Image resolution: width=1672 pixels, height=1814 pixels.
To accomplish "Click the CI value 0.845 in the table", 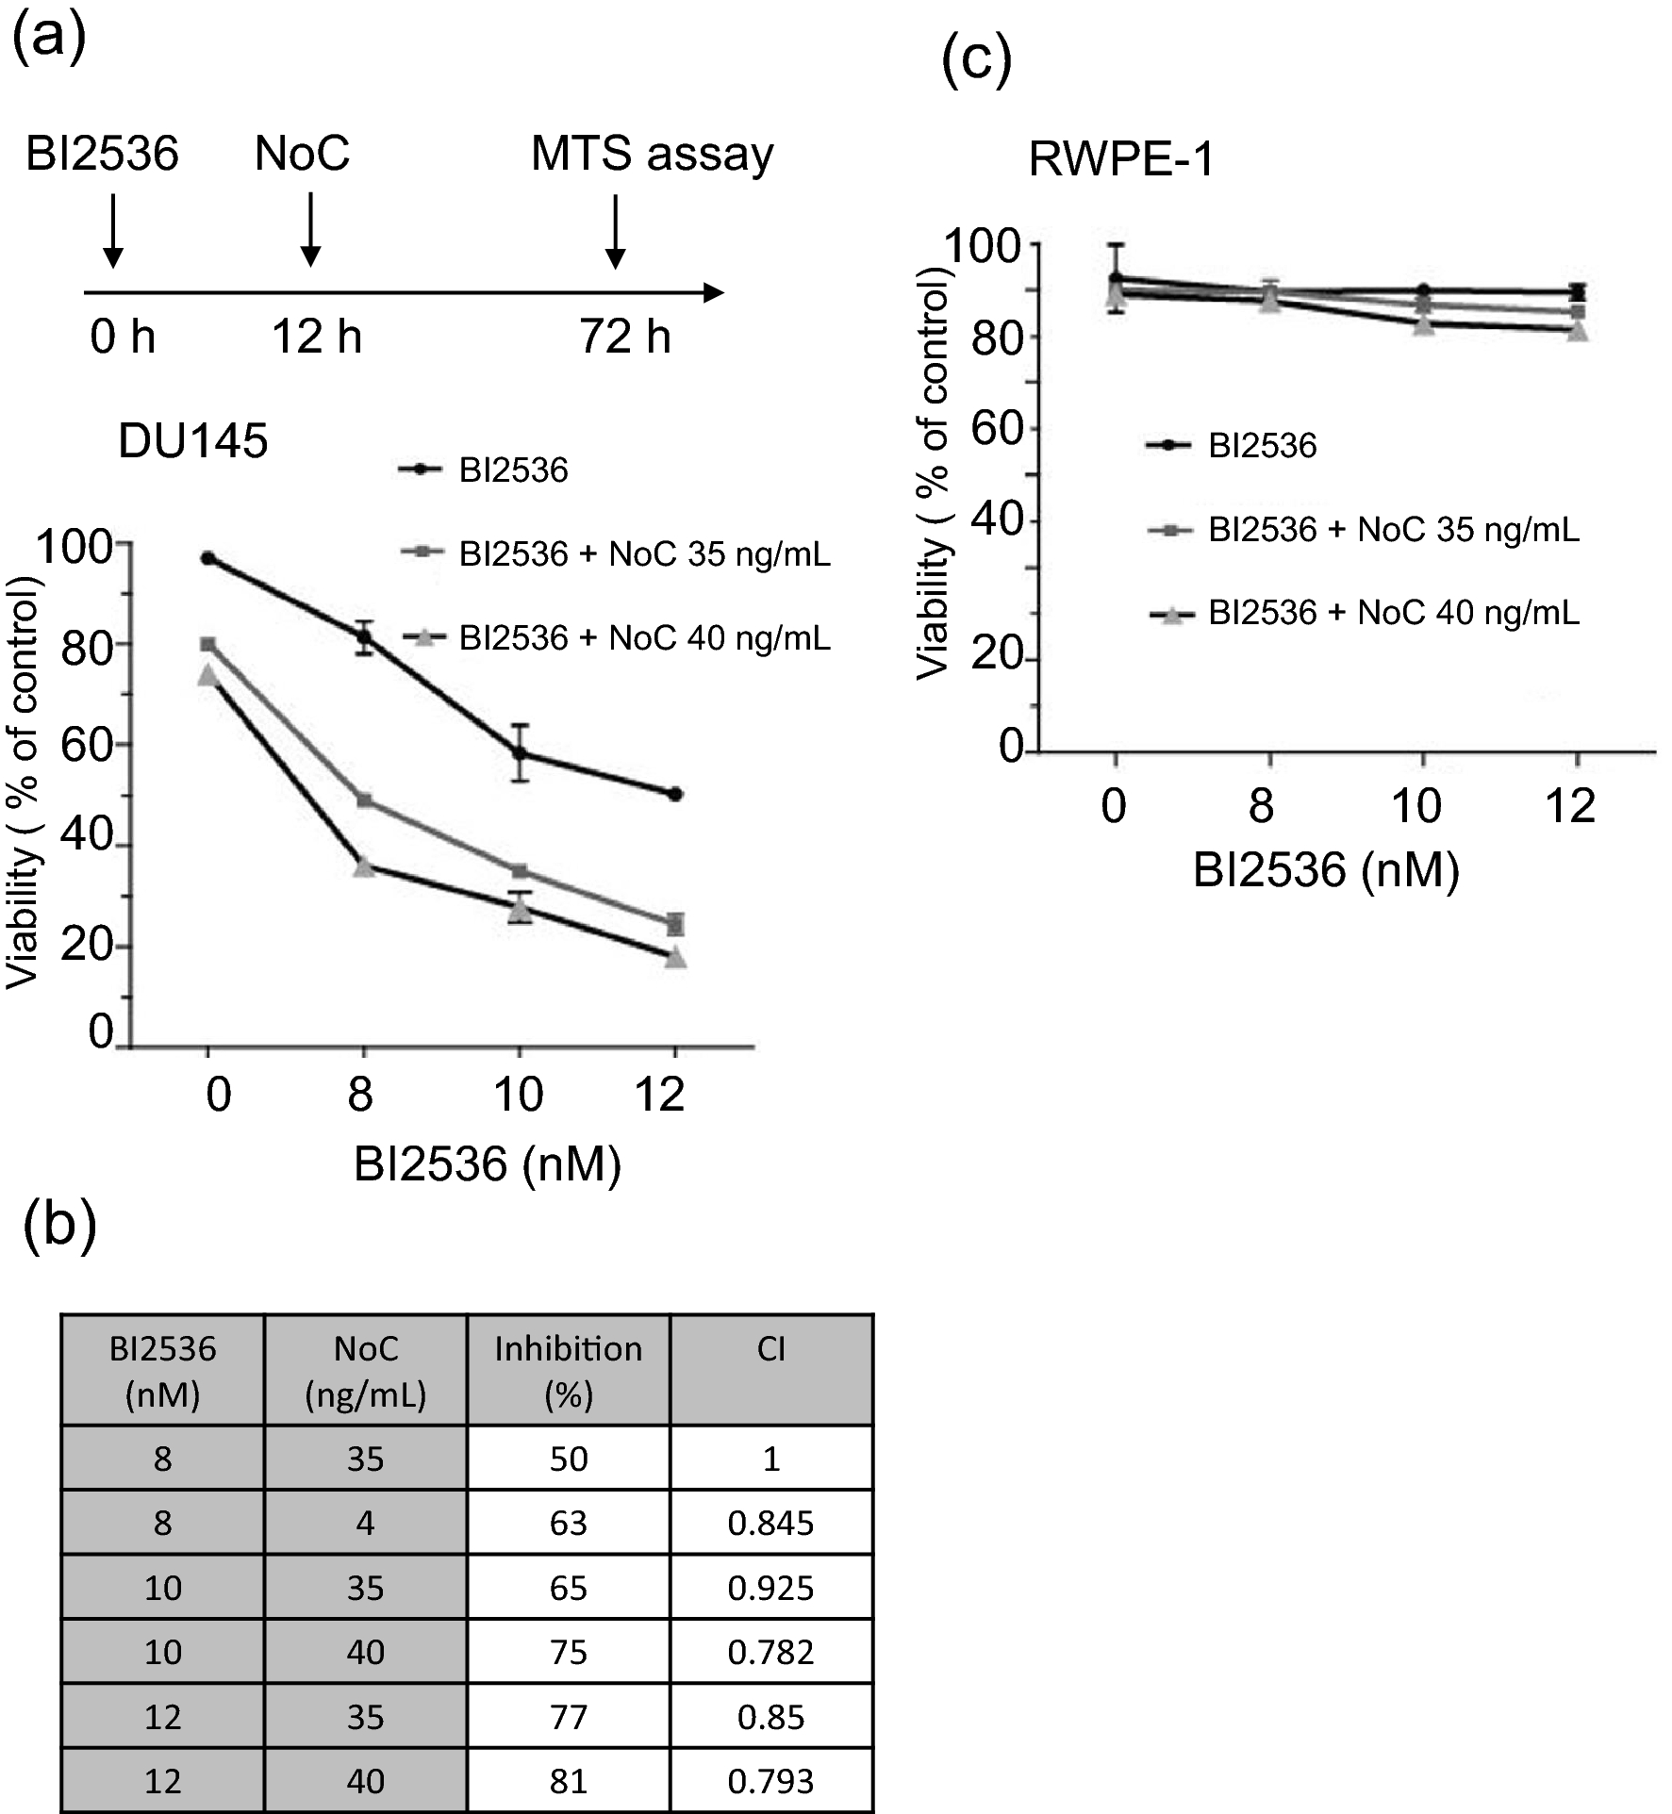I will (x=770, y=1523).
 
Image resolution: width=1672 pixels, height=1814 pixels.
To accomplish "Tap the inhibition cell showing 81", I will (x=568, y=1780).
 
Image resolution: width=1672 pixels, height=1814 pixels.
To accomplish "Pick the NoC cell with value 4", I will (x=365, y=1523).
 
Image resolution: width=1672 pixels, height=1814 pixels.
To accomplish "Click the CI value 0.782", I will (x=770, y=1652).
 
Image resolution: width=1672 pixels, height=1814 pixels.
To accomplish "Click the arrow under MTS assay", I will (x=615, y=231).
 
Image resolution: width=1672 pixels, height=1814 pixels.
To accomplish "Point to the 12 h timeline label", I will (x=317, y=337).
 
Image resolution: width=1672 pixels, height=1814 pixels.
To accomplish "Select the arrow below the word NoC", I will (x=310, y=231).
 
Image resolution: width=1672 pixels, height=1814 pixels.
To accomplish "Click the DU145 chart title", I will (x=192, y=440).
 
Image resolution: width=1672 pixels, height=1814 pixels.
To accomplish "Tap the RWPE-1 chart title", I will (x=1120, y=158).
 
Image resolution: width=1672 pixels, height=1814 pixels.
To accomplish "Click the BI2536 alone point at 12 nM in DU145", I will (x=674, y=794).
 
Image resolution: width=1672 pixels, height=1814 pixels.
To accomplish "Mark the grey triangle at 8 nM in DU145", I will (x=364, y=865).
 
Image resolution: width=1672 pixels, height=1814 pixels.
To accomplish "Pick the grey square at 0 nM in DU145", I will (x=207, y=644).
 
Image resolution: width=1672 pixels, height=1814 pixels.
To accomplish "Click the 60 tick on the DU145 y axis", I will (x=87, y=745).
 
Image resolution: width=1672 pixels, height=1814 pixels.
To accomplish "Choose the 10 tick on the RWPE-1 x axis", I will (x=1415, y=807).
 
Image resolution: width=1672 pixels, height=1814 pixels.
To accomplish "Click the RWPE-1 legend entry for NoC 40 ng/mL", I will (x=1392, y=613).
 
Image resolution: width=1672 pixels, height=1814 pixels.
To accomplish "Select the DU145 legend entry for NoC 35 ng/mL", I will (x=643, y=553).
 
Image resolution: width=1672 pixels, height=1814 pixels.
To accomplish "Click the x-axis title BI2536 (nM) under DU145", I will (x=487, y=1164).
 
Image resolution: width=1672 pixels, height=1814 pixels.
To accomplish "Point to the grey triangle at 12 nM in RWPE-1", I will (x=1577, y=331).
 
